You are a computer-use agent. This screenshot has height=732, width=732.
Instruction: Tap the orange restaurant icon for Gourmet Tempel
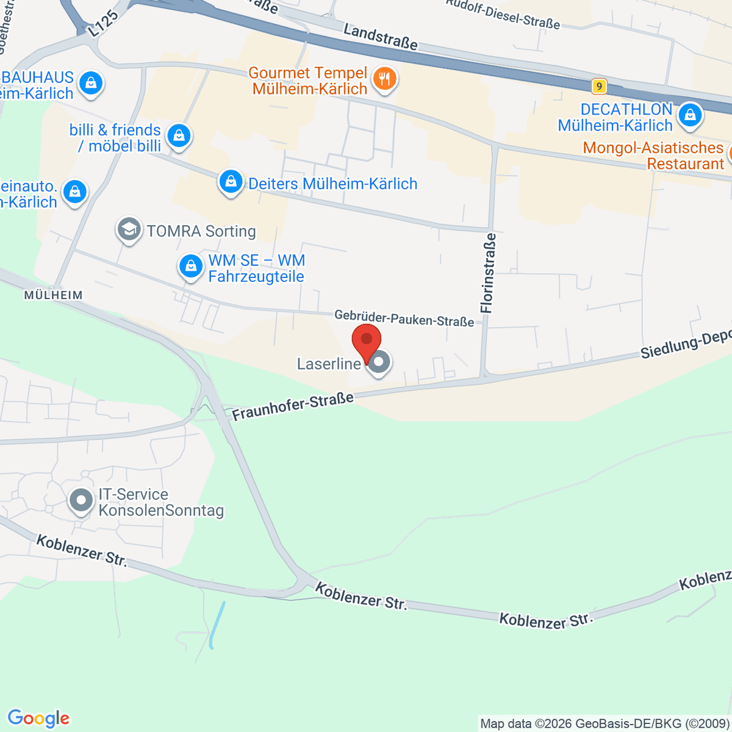click(x=384, y=79)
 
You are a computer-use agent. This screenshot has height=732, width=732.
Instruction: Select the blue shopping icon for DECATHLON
click(x=689, y=115)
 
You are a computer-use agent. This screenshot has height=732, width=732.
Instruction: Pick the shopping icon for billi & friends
click(x=178, y=135)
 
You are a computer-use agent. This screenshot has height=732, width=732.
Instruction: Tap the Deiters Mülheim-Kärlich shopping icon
click(x=231, y=182)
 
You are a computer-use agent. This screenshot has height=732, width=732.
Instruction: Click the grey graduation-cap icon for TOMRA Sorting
click(x=129, y=230)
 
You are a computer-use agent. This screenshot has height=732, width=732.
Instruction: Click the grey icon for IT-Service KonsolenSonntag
click(x=81, y=501)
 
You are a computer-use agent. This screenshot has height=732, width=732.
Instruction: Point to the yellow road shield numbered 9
click(x=599, y=87)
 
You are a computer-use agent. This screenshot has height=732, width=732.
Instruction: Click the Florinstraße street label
click(x=488, y=273)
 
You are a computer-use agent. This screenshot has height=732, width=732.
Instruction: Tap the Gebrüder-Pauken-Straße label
click(x=404, y=318)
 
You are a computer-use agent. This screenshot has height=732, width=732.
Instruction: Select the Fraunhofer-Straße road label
click(x=293, y=407)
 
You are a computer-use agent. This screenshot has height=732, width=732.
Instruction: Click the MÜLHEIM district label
click(x=53, y=295)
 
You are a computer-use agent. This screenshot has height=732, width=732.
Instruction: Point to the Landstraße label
click(x=381, y=37)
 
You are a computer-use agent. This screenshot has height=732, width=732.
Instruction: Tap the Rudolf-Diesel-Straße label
click(x=503, y=14)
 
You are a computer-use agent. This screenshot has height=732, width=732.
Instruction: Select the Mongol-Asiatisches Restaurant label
click(x=653, y=156)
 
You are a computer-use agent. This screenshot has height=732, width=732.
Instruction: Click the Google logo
click(x=38, y=719)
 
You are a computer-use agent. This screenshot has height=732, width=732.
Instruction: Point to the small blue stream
click(x=217, y=623)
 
